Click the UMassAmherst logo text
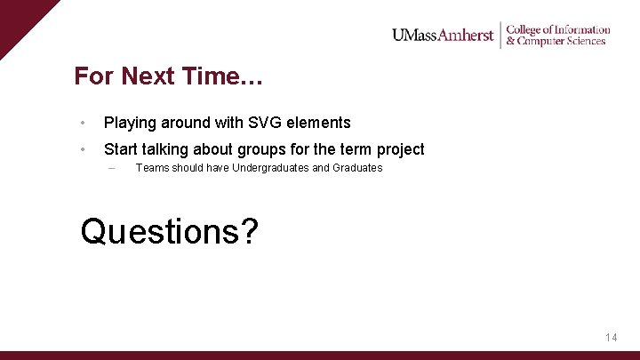click(x=443, y=36)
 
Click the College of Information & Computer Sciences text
click(x=557, y=36)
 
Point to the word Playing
click(x=130, y=123)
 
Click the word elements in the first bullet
click(x=318, y=123)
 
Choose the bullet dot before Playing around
click(x=82, y=123)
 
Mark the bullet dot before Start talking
click(x=82, y=149)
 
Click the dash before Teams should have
click(x=110, y=168)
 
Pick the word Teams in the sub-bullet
click(x=152, y=168)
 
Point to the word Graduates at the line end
click(x=357, y=168)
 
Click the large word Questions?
click(x=169, y=231)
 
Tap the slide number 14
click(x=611, y=338)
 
